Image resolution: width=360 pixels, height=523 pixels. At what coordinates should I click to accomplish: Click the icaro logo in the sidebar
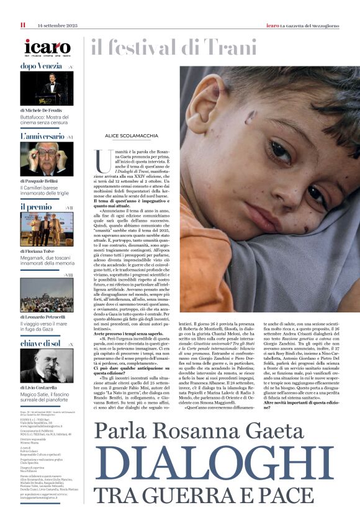click(47, 47)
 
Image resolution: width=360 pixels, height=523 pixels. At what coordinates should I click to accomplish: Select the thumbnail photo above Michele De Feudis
click(47, 88)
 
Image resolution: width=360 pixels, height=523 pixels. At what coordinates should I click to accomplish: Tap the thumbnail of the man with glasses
click(47, 159)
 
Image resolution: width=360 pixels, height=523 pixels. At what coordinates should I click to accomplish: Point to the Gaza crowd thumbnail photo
click(47, 294)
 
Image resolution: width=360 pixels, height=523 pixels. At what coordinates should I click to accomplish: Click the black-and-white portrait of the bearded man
click(47, 366)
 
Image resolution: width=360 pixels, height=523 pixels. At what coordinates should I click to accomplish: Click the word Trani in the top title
click(228, 47)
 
